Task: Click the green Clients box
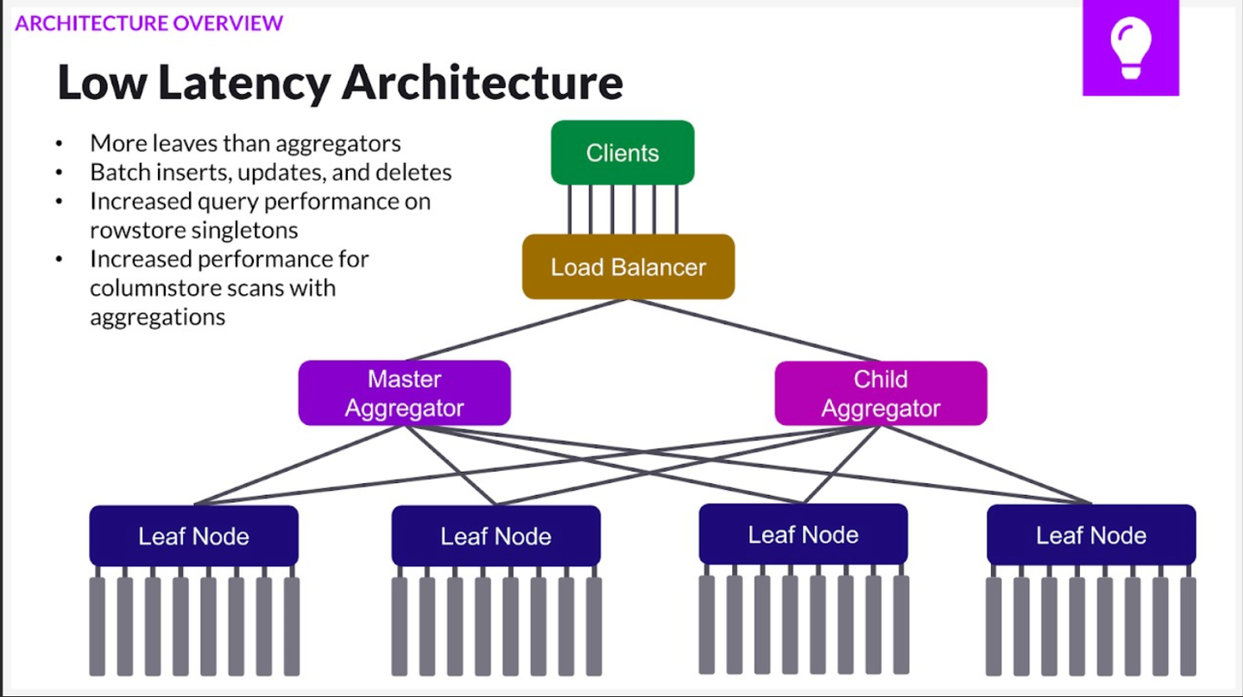click(x=622, y=153)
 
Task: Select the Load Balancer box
click(x=628, y=267)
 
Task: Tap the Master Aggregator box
click(x=404, y=393)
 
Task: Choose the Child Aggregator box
click(x=880, y=393)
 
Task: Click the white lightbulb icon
click(x=1130, y=48)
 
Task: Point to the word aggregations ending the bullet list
click(x=157, y=317)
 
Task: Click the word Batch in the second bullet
click(x=120, y=172)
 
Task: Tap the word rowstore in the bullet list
click(x=131, y=229)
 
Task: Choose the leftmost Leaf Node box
click(x=193, y=536)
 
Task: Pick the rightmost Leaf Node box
click(x=1091, y=535)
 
